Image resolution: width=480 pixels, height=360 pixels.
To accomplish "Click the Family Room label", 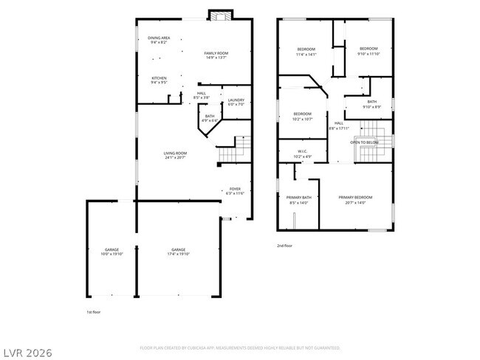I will [x=216, y=55].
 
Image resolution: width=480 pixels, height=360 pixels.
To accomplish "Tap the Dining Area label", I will [x=159, y=40].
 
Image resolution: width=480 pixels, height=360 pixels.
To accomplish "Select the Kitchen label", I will [x=159, y=80].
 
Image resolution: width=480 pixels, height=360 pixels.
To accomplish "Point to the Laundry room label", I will [x=236, y=102].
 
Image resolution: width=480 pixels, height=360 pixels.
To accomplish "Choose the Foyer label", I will [x=235, y=191].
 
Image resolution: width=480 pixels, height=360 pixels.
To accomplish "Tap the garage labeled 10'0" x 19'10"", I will [x=112, y=252].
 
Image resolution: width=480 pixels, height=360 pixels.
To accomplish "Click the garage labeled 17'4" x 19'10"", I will [x=178, y=252].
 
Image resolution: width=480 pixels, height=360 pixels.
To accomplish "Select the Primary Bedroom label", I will [x=355, y=199].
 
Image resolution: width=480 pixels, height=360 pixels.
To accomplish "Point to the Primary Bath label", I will [x=299, y=199].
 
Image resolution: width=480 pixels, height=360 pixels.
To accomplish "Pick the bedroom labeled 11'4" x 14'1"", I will [x=306, y=51].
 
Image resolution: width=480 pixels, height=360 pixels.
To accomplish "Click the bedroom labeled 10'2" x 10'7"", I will [x=304, y=116].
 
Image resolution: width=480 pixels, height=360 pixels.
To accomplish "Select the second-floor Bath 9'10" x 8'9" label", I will [x=371, y=104].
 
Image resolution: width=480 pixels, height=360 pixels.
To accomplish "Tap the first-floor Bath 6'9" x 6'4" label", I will [x=210, y=117].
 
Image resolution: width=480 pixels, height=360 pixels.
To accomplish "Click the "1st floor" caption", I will [x=94, y=312].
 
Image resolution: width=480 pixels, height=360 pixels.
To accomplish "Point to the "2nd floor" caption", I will [x=285, y=245].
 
